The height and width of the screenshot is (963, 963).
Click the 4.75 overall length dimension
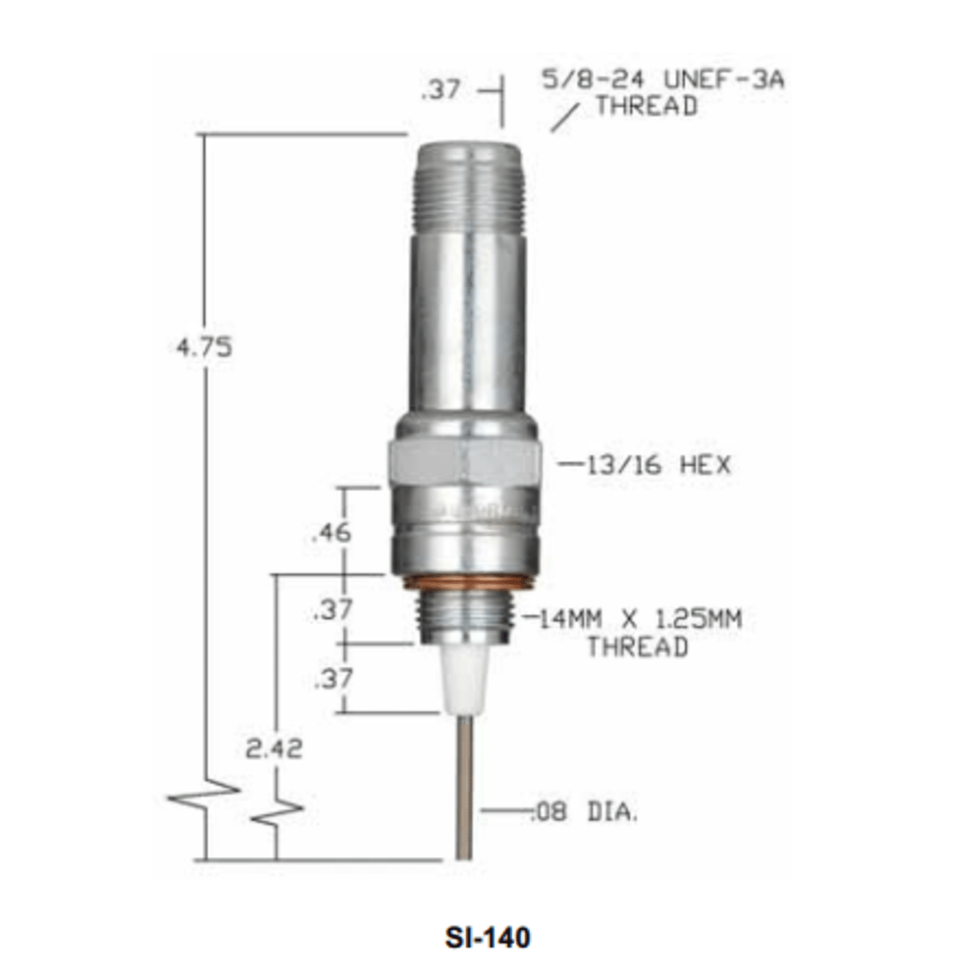(x=204, y=347)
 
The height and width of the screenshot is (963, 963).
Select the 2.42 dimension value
(x=273, y=749)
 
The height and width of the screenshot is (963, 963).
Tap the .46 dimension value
(x=331, y=532)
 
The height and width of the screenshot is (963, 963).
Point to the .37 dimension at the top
(x=441, y=89)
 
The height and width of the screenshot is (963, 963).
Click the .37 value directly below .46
(x=333, y=609)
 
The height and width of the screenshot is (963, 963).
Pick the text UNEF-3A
(x=724, y=80)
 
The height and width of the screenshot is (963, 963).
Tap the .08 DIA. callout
(x=584, y=812)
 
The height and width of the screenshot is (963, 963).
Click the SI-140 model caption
(x=487, y=937)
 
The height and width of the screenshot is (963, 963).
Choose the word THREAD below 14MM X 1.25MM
(x=637, y=647)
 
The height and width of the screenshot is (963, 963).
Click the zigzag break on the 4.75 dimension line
(x=204, y=793)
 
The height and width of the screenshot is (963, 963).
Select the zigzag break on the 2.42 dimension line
(x=276, y=811)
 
